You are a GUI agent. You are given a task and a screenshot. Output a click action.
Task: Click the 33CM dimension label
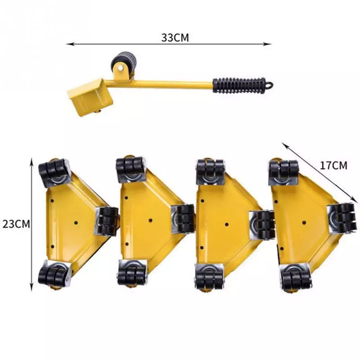tap(175, 38)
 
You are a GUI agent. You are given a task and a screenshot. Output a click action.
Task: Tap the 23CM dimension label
tap(16, 224)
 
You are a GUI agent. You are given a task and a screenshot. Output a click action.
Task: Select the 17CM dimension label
tap(333, 166)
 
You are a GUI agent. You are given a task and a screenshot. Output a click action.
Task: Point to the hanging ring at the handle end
tap(270, 84)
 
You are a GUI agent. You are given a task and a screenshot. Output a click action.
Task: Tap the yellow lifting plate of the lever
tap(90, 97)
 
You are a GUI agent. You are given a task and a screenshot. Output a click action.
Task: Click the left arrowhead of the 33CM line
tap(69, 44)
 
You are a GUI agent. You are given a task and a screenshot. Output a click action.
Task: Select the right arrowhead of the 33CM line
tap(268, 44)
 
